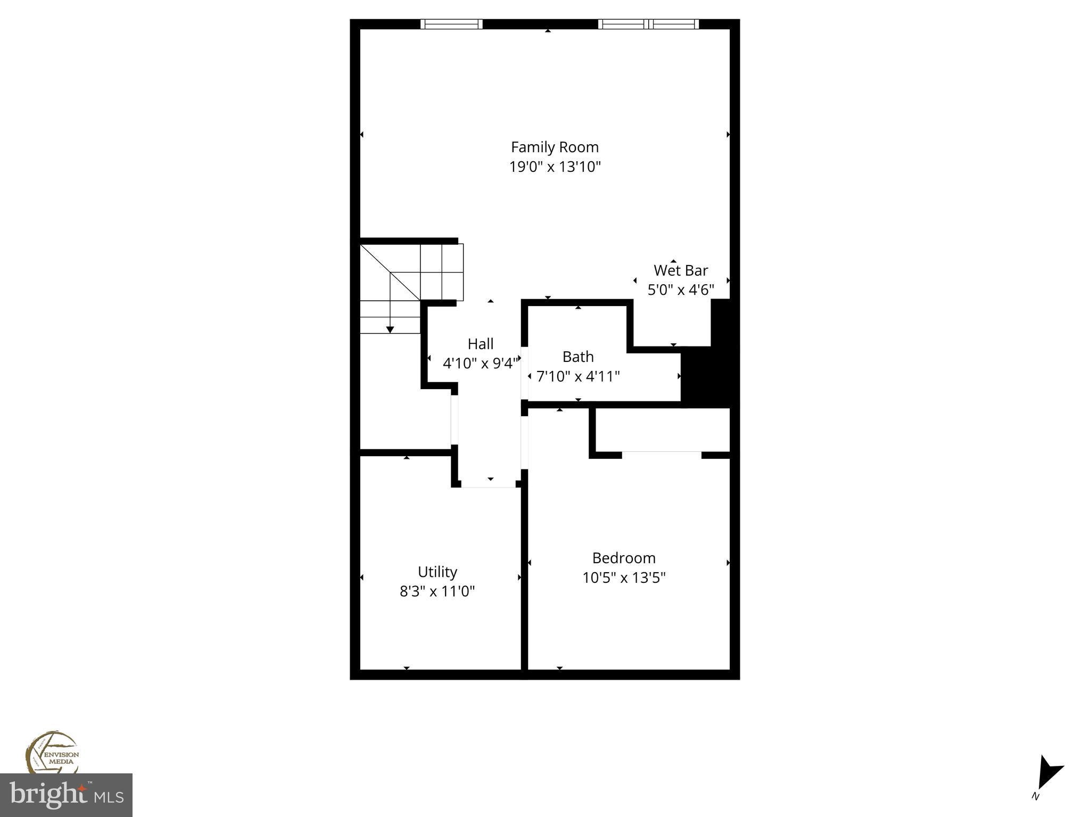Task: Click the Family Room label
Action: pos(555,147)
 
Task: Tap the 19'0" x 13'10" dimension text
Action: pos(555,167)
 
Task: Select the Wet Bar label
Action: pos(680,270)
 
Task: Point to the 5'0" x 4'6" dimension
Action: pos(680,290)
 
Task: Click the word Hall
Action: pos(481,344)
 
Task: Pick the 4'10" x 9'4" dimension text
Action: pos(480,364)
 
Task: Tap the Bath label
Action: pos(578,357)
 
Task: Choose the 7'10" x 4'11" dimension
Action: pos(578,377)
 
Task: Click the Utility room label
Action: pos(437,572)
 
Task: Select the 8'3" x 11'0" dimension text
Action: pos(437,591)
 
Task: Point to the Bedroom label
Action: pos(624,558)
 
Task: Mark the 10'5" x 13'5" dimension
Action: pos(624,578)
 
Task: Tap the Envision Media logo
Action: pos(52,753)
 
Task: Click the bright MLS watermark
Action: pos(66,795)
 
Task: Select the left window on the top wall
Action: pos(451,24)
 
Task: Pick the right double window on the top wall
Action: pos(648,24)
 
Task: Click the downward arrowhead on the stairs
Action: pos(390,330)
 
